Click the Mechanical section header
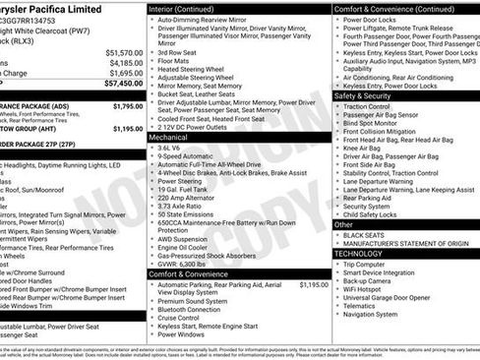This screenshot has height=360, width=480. click(x=168, y=138)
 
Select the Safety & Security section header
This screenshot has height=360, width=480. click(x=362, y=96)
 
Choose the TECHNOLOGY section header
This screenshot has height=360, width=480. click(x=358, y=254)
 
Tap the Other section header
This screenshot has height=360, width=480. click(x=343, y=224)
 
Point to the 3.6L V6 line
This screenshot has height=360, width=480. click(x=171, y=148)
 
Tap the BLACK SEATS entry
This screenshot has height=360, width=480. click(x=365, y=234)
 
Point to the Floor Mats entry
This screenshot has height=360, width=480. click(x=174, y=61)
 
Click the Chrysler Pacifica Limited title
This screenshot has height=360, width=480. click(x=55, y=9)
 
